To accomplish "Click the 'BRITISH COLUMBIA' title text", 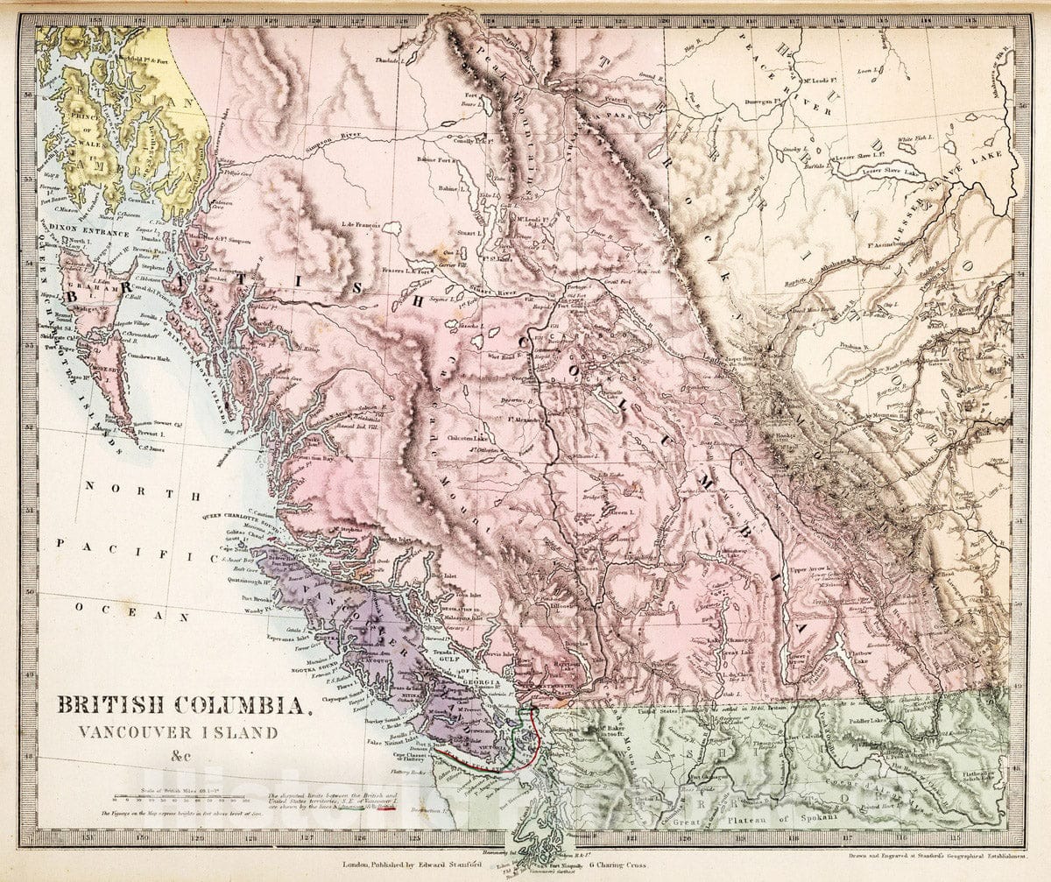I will (x=182, y=704).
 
